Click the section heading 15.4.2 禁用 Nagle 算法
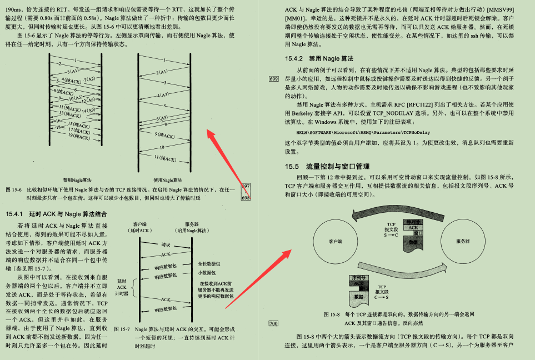tap(319, 58)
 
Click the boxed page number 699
tap(273, 79)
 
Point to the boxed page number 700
tap(273, 323)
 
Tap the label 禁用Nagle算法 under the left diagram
tap(78, 180)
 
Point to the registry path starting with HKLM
tap(362, 133)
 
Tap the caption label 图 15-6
tap(13, 190)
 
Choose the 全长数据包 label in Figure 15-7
tap(209, 264)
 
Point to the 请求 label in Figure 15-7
tap(166, 244)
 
